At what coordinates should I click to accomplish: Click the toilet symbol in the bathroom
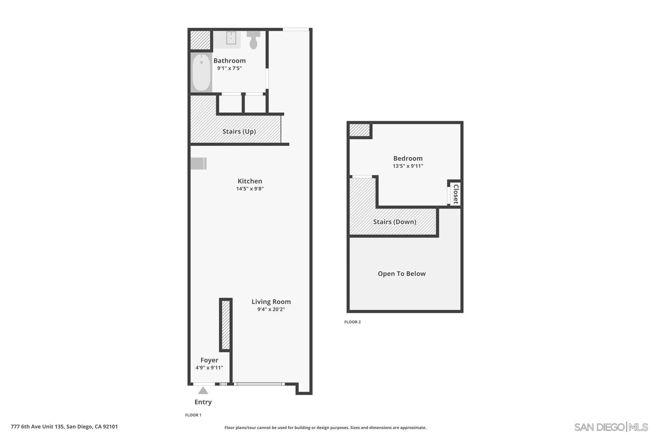253,40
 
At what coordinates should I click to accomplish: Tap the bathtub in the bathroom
201,73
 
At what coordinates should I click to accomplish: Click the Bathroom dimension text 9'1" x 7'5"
230,68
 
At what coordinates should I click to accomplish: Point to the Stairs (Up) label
239,131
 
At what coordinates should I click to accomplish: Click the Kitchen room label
250,181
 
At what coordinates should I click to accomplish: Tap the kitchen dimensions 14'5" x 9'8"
250,189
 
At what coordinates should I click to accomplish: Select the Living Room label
271,302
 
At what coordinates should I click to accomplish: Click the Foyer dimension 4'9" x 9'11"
209,368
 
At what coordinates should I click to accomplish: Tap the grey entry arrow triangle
203,391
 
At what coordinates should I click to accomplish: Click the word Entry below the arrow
203,402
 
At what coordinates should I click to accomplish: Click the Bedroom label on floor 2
408,158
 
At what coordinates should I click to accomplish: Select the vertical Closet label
456,194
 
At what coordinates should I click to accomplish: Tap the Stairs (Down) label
394,222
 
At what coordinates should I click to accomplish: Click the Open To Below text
401,274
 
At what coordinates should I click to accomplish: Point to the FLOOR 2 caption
352,322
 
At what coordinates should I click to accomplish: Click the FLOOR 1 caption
193,415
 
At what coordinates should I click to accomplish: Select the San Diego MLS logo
611,427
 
